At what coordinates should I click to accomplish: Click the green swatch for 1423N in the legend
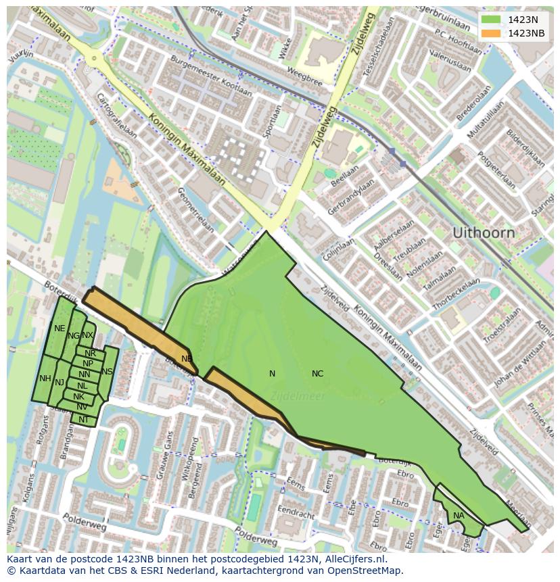coord(491,20)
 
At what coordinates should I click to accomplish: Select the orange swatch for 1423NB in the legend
coord(491,33)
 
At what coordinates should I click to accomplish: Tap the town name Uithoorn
coord(483,233)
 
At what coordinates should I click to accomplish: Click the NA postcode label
coord(459,516)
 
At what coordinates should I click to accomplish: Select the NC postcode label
coord(317,374)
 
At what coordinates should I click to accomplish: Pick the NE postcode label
coord(60,329)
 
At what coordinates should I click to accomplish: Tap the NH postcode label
coord(45,379)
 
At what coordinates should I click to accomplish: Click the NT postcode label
coord(83,420)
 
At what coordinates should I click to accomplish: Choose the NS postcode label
coord(107,372)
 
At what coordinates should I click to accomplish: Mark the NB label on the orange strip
coord(187,359)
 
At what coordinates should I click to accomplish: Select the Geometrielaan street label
coord(195,210)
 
